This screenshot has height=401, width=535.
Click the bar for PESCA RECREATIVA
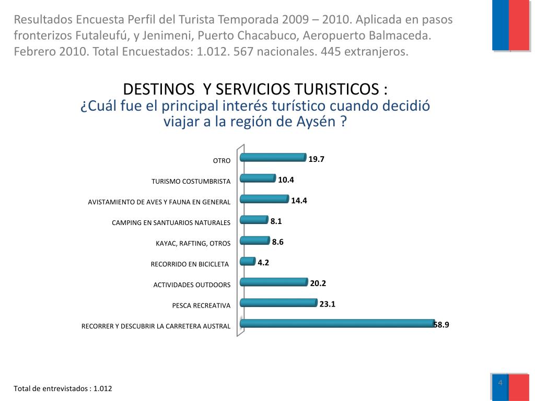pyautogui.click(x=278, y=303)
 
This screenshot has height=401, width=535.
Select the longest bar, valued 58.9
pyautogui.click(x=337, y=324)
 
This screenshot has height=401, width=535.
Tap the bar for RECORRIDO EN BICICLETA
pyautogui.click(x=248, y=261)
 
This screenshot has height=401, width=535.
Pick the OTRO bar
pyautogui.click(x=273, y=158)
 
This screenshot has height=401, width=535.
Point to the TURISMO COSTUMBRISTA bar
pyautogui.click(x=258, y=179)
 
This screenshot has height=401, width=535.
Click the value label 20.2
pyautogui.click(x=318, y=284)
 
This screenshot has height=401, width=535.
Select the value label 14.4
pyautogui.click(x=299, y=200)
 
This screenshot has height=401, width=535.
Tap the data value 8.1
pyautogui.click(x=276, y=221)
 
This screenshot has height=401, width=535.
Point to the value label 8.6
pyautogui.click(x=278, y=242)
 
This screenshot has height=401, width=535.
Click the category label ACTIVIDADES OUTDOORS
pyautogui.click(x=192, y=285)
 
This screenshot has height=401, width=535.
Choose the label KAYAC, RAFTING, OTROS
pyautogui.click(x=193, y=243)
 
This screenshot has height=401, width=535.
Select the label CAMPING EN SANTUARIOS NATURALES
pyautogui.click(x=171, y=223)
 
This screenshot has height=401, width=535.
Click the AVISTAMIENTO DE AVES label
pyautogui.click(x=159, y=202)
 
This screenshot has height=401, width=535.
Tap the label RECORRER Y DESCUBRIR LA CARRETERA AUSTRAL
pyautogui.click(x=156, y=326)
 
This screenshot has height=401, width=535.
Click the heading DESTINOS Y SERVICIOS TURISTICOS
pyautogui.click(x=255, y=89)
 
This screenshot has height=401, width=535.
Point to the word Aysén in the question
pyautogui.click(x=321, y=122)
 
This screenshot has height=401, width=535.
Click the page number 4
pyautogui.click(x=500, y=383)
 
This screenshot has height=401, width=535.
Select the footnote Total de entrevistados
pyautogui.click(x=63, y=389)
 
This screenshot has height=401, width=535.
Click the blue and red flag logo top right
pyautogui.click(x=511, y=25)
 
